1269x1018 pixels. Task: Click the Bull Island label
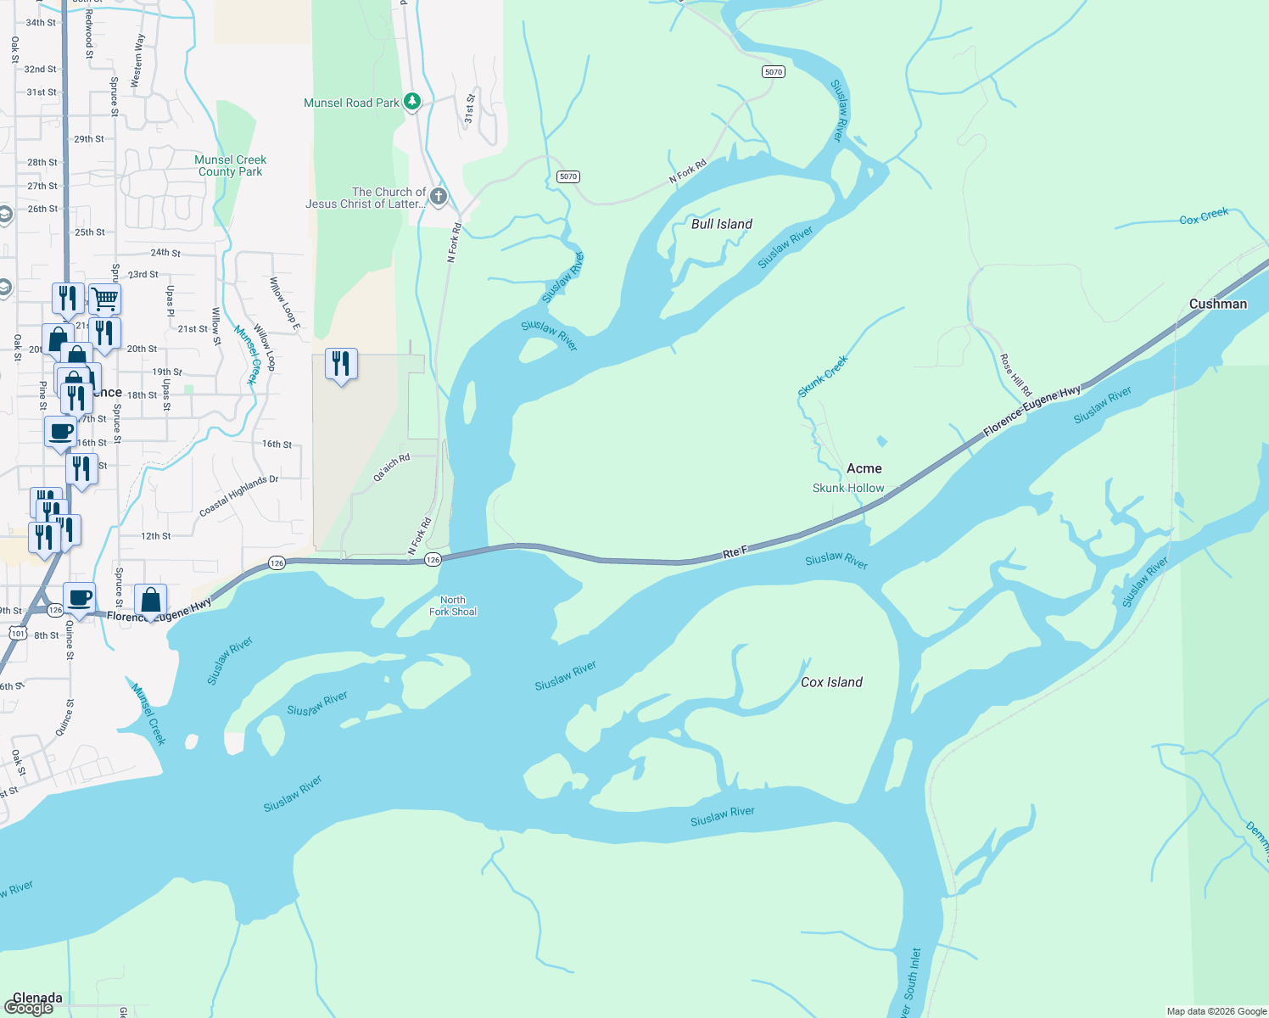722,224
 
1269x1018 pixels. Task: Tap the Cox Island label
831,682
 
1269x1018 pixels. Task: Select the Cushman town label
1218,304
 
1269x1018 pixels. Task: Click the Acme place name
864,468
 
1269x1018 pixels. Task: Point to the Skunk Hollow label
848,488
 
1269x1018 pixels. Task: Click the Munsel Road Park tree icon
412,102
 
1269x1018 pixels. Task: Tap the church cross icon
438,197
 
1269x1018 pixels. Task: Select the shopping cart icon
104,299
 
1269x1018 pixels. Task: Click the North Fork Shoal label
453,606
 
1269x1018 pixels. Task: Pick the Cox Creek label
1204,216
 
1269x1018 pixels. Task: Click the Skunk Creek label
823,377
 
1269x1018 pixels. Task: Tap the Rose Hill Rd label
1015,375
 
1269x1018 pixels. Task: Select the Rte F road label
735,552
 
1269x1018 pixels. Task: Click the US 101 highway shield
18,633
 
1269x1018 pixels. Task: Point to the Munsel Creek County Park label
231,165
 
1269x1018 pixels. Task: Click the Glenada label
37,998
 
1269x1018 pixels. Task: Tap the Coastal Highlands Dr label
238,496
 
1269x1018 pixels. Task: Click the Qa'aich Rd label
392,467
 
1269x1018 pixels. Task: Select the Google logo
29,1008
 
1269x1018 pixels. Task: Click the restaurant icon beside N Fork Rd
341,364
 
